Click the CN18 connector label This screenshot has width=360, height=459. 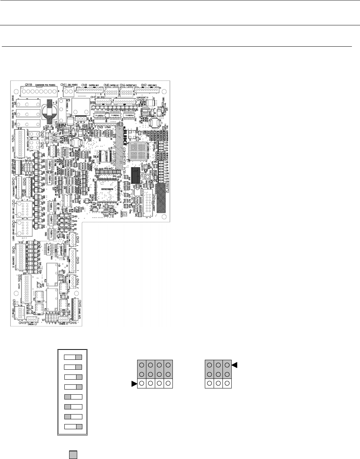28,85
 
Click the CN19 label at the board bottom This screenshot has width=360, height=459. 22,323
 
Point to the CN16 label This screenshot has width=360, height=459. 73,323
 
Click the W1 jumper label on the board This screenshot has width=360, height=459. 44,319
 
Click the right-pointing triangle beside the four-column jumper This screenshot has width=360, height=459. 134,384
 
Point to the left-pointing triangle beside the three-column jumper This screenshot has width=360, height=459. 235,365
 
